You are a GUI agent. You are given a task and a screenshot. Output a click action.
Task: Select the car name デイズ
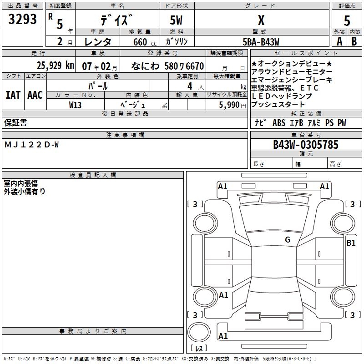tap(117, 20)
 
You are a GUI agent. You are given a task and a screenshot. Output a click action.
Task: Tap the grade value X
tap(261, 20)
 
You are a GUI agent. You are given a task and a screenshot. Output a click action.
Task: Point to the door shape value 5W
tap(177, 20)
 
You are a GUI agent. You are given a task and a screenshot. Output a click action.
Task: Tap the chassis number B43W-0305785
tap(305, 145)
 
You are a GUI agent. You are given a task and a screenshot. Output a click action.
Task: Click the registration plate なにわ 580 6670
tap(167, 66)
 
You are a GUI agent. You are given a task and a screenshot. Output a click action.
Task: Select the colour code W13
tap(75, 105)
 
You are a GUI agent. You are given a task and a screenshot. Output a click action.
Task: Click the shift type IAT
tap(13, 95)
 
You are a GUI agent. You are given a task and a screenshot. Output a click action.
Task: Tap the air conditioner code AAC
tap(35, 95)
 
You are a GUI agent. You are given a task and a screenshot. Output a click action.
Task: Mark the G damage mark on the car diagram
tap(287, 240)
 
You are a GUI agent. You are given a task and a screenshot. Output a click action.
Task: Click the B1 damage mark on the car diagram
tap(351, 243)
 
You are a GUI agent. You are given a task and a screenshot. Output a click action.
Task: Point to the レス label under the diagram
tap(201, 348)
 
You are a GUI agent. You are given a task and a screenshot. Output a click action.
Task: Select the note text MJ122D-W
tap(31, 145)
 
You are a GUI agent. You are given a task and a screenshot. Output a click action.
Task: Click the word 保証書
tap(15, 122)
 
